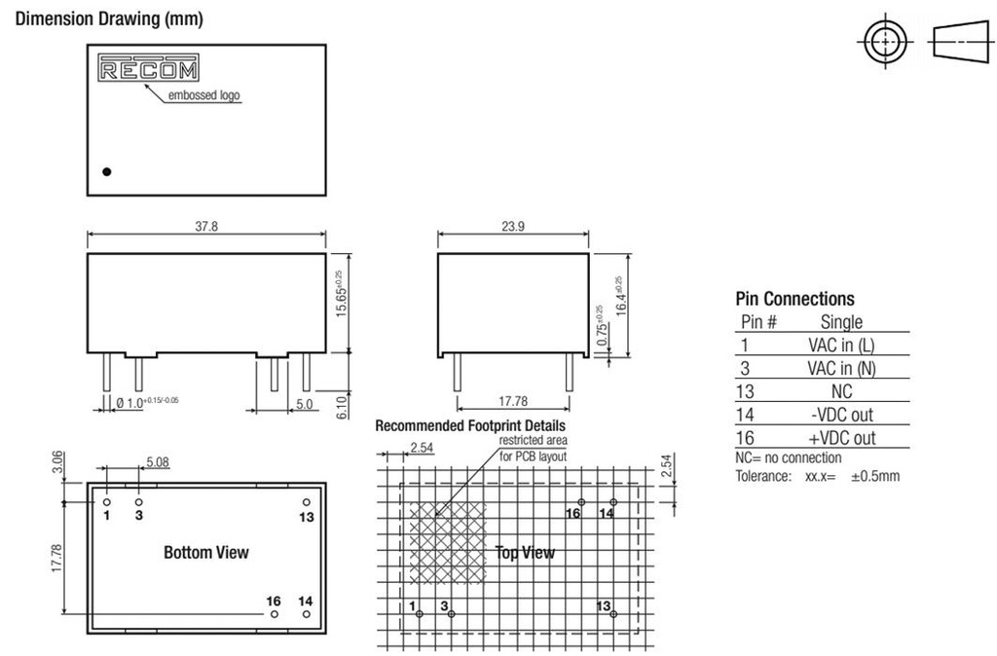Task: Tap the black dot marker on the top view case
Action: tap(107, 171)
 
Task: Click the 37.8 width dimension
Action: tap(206, 226)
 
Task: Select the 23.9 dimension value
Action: tap(513, 226)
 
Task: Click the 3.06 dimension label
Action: tap(58, 464)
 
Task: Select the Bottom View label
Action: tap(206, 552)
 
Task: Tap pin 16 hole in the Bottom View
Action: tap(275, 615)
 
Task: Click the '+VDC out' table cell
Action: tap(841, 438)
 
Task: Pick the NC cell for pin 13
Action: tap(841, 391)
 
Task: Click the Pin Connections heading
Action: tap(794, 299)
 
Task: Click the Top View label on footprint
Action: tap(524, 552)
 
